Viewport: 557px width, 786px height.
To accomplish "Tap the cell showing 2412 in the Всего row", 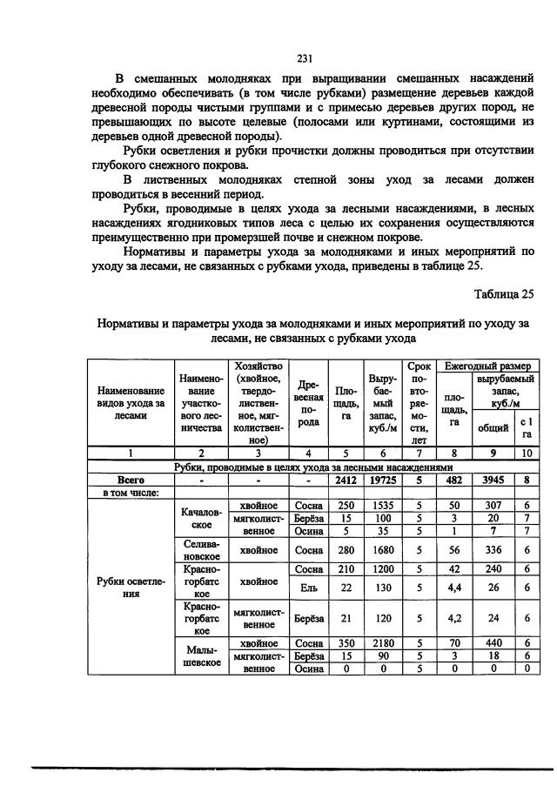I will pos(346,479).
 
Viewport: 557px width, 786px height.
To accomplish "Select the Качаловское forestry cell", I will pos(200,519).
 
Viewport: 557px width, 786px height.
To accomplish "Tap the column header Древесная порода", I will pos(309,401).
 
